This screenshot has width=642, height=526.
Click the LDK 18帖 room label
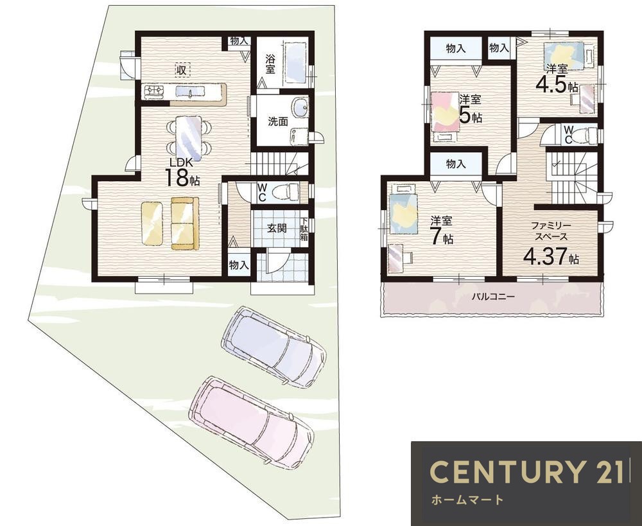click(x=182, y=171)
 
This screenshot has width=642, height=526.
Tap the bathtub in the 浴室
click(x=295, y=64)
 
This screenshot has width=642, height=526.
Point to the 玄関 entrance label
click(x=277, y=228)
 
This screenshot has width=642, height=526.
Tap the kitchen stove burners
click(x=154, y=91)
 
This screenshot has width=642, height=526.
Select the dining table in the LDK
click(x=189, y=139)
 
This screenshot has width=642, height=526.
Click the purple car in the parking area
click(x=274, y=346)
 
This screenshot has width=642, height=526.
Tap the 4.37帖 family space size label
click(x=551, y=256)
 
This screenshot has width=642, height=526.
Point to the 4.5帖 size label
click(x=557, y=85)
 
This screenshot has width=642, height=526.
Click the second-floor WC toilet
click(x=587, y=135)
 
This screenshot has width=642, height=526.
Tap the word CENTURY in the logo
click(x=505, y=471)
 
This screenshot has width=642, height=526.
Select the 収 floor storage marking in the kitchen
click(x=182, y=70)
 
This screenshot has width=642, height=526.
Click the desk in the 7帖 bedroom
click(x=396, y=258)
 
